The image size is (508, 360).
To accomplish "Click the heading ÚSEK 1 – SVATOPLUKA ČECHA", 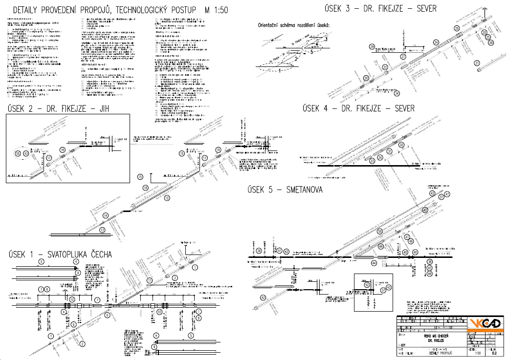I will click(60, 254).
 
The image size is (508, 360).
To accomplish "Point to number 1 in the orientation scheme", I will click(279, 71).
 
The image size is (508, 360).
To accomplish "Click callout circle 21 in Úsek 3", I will click(477, 63).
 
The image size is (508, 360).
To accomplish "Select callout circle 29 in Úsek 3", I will click(372, 47).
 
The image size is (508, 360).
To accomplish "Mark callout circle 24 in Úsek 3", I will click(436, 42).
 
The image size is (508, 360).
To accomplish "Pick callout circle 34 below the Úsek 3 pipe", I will click(397, 93).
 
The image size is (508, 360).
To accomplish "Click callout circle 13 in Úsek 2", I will click(102, 230).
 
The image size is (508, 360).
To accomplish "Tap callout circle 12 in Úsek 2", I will click(167, 198).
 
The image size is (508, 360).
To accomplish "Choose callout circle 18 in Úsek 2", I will click(145, 188).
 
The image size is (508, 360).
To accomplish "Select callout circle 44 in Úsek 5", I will click(374, 263).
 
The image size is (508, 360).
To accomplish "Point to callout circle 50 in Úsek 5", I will click(379, 231).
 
